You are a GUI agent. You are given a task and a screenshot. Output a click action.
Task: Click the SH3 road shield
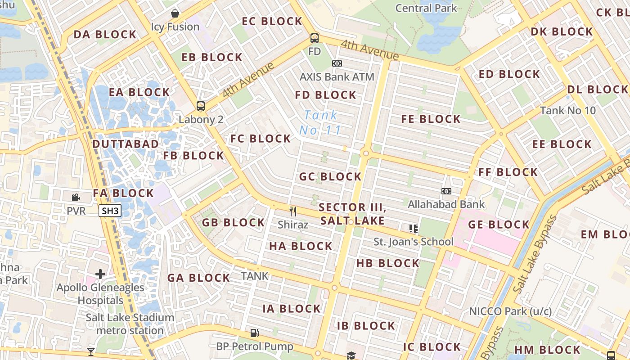(110, 211)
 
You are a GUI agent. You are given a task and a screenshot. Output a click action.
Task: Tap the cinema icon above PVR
(76, 197)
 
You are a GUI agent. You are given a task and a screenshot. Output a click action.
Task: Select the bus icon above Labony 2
(201, 106)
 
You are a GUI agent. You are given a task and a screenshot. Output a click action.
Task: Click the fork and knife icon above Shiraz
(293, 211)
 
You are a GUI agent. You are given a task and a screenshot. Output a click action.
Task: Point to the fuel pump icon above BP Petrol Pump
(254, 333)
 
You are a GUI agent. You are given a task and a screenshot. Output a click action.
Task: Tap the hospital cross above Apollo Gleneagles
(100, 274)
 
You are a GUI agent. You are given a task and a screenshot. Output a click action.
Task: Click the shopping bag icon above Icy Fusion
(175, 13)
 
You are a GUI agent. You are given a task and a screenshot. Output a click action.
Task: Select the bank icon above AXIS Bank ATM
(337, 63)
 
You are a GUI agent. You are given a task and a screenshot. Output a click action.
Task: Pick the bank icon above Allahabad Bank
(446, 191)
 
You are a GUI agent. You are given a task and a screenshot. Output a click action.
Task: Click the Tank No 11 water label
(320, 122)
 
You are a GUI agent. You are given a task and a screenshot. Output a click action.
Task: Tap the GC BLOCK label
(330, 177)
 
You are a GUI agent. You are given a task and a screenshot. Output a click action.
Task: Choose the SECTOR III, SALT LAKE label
(352, 214)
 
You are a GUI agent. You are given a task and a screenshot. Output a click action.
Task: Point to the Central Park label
(426, 8)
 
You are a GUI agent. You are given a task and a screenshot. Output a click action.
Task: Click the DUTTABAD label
(126, 144)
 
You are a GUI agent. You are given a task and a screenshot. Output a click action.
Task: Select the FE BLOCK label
(431, 119)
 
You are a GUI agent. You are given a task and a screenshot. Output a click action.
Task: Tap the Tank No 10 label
(567, 110)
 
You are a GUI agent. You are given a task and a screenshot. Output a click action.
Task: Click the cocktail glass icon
(91, 351)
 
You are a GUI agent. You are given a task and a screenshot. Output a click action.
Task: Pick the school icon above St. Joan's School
(413, 229)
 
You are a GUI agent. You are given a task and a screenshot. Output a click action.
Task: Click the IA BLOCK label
(292, 309)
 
